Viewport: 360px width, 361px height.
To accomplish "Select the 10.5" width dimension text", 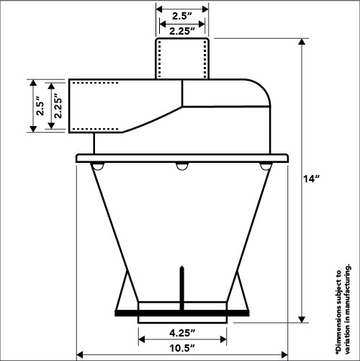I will pos(182,347).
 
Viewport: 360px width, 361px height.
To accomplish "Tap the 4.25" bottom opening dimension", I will pos(182,334).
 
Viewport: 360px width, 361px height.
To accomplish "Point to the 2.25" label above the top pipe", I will pos(182,31).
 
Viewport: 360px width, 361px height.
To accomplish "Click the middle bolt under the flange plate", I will pos(181,167).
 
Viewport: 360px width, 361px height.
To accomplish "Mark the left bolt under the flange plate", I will pos(96,167).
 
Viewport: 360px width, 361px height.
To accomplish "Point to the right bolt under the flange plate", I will pos(266,167).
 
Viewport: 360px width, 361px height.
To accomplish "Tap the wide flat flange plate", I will pos(181,157).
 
